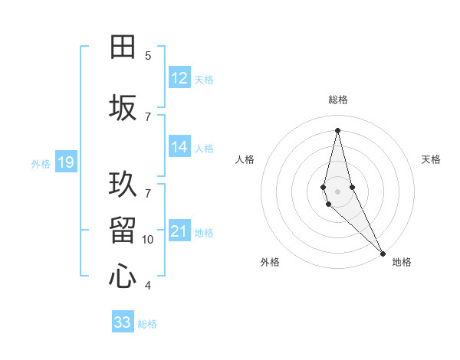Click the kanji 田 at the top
[x=123, y=47]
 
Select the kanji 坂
[x=123, y=108]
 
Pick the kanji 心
[x=123, y=277]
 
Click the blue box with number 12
[x=179, y=78]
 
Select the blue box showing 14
[x=179, y=148]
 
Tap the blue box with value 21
[x=179, y=232]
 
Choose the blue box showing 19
[x=65, y=162]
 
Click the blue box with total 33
[x=123, y=322]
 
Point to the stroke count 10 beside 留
[x=148, y=240]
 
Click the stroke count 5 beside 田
[x=148, y=55]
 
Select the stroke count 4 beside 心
[x=148, y=286]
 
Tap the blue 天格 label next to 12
[x=204, y=79]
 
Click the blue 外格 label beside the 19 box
[x=40, y=163]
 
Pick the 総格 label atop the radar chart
[x=338, y=100]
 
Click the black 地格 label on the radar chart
[x=402, y=263]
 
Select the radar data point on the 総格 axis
[x=337, y=129]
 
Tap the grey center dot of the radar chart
[x=337, y=191]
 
